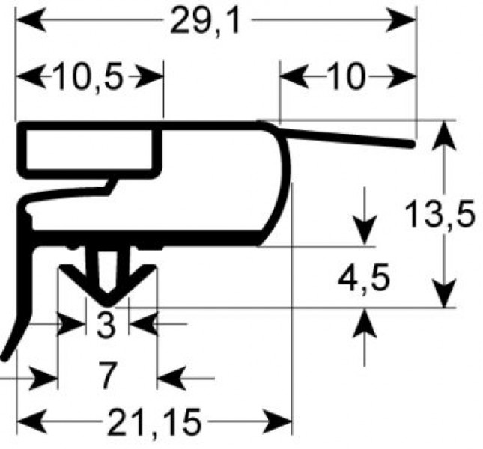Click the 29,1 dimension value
point(205,21)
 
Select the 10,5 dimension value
point(89,76)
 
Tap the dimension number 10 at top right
point(347,76)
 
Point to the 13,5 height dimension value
point(440,213)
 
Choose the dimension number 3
point(106,324)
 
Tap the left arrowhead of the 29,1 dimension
point(31,20)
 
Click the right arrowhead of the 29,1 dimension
point(401,20)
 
